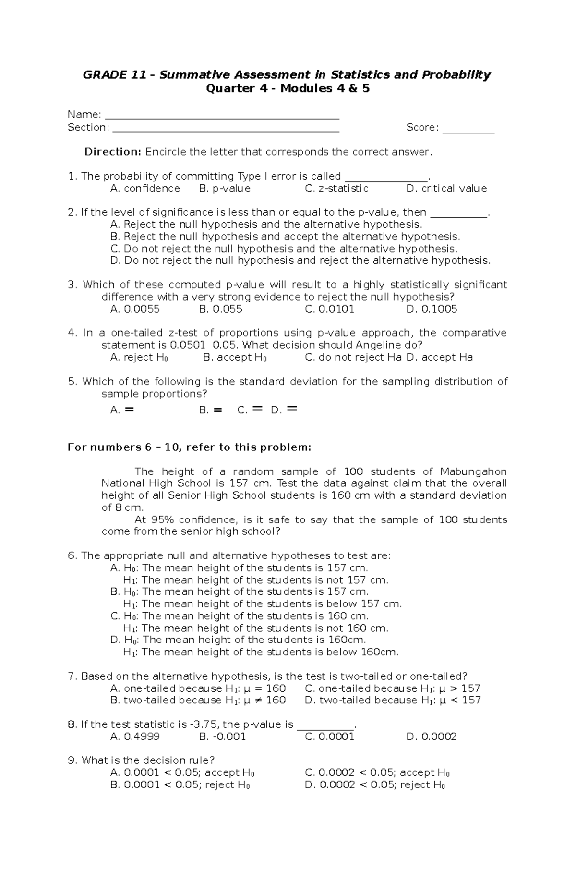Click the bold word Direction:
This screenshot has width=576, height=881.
[x=113, y=152]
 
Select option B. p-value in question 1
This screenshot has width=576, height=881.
[x=225, y=189]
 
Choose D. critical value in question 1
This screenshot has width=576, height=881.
[x=446, y=189]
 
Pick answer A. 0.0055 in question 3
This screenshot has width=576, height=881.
[x=135, y=309]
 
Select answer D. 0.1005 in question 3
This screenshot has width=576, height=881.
[x=432, y=309]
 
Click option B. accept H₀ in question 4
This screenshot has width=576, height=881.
[x=235, y=358]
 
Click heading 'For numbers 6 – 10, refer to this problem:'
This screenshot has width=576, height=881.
[x=189, y=447]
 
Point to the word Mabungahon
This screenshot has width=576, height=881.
[x=473, y=471]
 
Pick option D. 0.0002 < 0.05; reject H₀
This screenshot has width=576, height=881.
[x=374, y=785]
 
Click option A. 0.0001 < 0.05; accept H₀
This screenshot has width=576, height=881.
[x=182, y=773]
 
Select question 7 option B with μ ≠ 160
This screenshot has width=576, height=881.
[x=198, y=700]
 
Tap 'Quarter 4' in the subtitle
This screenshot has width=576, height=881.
[x=232, y=88]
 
